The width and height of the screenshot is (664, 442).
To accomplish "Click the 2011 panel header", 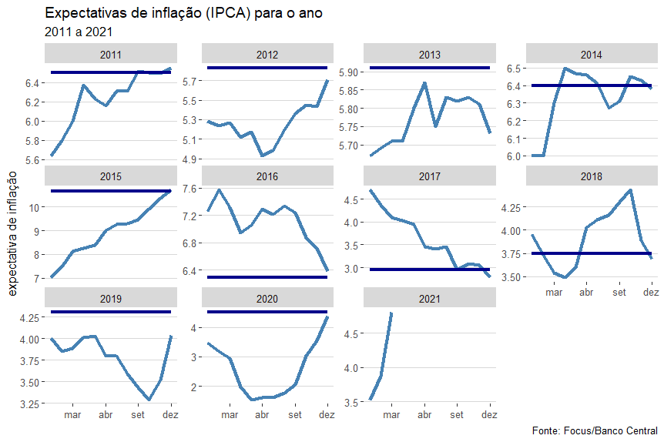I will [111, 55].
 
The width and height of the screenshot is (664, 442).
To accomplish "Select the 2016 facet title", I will [267, 176].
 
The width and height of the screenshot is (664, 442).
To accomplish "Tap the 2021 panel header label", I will [430, 298].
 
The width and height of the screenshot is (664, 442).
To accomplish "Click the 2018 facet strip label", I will [592, 176].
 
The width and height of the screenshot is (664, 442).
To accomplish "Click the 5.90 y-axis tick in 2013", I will [348, 72].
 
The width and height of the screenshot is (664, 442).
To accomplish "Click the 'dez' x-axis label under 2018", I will [651, 293].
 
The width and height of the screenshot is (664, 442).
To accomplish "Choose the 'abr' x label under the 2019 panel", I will [106, 415].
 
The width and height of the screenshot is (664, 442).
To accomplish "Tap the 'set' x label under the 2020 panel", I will [295, 415].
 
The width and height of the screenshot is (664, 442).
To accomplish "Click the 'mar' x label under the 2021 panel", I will [391, 415].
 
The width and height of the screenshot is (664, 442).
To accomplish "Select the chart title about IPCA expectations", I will [183, 14].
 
